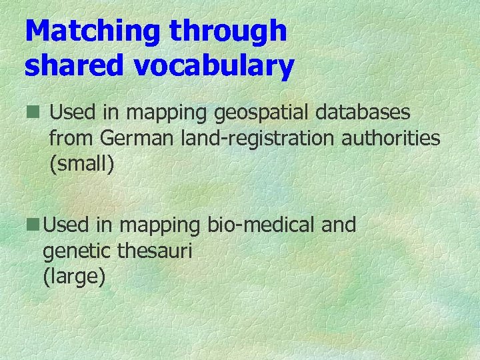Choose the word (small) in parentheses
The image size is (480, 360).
coord(82,165)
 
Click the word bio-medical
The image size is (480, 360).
coord(261,225)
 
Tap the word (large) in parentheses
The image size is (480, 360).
coord(73,277)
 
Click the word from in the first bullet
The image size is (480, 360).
coord(72,138)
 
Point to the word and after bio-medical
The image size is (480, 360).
coord(339,225)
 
